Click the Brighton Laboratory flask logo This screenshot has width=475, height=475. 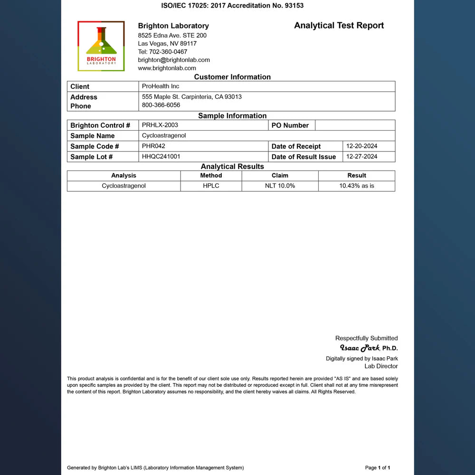(x=101, y=46)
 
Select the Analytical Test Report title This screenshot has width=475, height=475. (x=339, y=26)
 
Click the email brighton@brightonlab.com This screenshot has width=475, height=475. (x=174, y=60)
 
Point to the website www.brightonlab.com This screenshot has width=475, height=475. (x=167, y=68)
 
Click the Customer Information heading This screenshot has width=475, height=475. (x=232, y=77)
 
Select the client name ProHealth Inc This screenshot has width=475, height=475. (x=161, y=86)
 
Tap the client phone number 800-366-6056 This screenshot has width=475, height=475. (x=161, y=105)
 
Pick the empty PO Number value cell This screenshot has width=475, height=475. (x=355, y=125)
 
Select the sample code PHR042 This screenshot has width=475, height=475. (x=153, y=146)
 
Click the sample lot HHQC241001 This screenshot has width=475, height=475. (x=161, y=156)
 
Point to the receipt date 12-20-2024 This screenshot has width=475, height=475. (x=361, y=146)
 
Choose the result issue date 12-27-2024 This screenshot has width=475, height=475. (x=361, y=156)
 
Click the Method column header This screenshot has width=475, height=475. (x=211, y=175)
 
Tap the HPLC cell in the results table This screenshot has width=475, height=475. (x=211, y=186)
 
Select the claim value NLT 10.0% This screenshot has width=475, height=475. (x=280, y=186)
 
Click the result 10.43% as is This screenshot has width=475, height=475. (x=356, y=186)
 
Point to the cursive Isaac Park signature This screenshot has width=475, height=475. (x=360, y=348)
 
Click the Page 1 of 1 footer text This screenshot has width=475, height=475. (x=378, y=468)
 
